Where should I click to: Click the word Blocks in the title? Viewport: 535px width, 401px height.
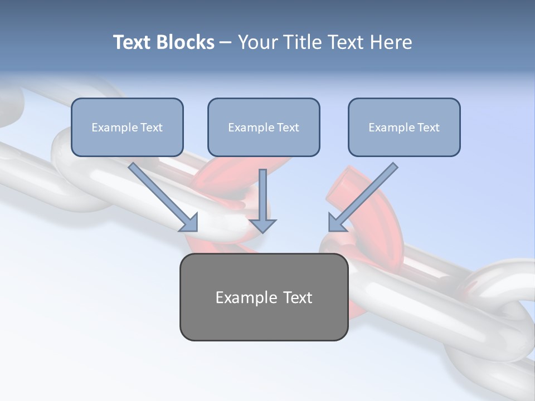(x=185, y=42)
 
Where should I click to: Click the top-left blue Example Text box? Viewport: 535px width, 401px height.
(x=127, y=127)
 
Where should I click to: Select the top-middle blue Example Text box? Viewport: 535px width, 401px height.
(x=264, y=127)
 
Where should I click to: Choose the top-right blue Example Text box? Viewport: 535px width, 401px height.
(x=404, y=127)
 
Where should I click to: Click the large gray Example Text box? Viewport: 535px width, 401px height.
(x=264, y=297)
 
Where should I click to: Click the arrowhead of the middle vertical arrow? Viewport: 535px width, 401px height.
(x=262, y=225)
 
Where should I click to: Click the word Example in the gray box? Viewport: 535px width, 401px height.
(x=239, y=297)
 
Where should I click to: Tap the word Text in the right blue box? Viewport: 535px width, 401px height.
(x=429, y=128)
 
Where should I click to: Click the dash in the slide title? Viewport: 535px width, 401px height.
(x=226, y=42)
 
